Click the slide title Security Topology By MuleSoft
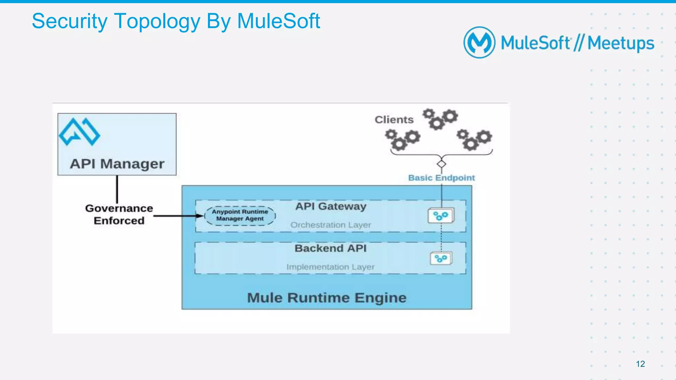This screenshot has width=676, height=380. (176, 21)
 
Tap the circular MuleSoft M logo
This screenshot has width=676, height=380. (479, 43)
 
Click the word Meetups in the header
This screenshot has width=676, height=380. (621, 43)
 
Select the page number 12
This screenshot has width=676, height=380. (640, 364)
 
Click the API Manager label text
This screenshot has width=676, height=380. (117, 164)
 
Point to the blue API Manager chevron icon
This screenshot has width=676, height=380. (79, 132)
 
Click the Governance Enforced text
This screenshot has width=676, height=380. (119, 214)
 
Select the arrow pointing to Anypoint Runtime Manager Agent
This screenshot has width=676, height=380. (178, 216)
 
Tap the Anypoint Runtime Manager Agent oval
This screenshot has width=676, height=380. (240, 216)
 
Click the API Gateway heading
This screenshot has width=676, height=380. (331, 206)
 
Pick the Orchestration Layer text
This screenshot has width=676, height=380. (331, 225)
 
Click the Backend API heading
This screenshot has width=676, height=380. (331, 248)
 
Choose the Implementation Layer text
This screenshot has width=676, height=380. (330, 267)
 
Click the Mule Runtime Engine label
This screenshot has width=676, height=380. (327, 298)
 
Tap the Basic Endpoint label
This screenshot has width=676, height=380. (441, 178)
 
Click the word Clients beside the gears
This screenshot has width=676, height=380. (394, 120)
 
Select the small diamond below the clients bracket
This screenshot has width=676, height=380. (441, 164)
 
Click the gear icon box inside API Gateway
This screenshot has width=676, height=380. (441, 216)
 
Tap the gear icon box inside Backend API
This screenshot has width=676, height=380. (441, 258)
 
